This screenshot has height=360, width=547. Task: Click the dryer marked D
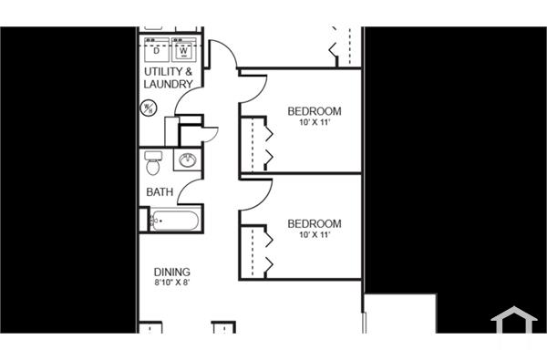pyautogui.click(x=157, y=51)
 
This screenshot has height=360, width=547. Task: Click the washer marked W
pyautogui.click(x=183, y=51)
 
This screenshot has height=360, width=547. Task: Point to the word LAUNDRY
pyautogui.click(x=169, y=85)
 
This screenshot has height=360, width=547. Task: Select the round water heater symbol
pyautogui.click(x=149, y=108)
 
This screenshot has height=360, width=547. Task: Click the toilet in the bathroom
pyautogui.click(x=153, y=165)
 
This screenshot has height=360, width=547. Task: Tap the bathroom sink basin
pyautogui.click(x=189, y=161)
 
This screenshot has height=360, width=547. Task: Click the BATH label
pyautogui.click(x=160, y=192)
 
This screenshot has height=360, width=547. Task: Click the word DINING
pyautogui.click(x=171, y=272)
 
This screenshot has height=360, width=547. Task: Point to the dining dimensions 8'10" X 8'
pyautogui.click(x=171, y=283)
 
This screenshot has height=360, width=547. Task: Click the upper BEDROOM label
pyautogui.click(x=314, y=111)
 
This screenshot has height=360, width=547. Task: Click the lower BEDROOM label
pyautogui.click(x=314, y=223)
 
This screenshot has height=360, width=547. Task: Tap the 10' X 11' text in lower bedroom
pyautogui.click(x=314, y=234)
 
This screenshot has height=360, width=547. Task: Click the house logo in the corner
pyautogui.click(x=513, y=324)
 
